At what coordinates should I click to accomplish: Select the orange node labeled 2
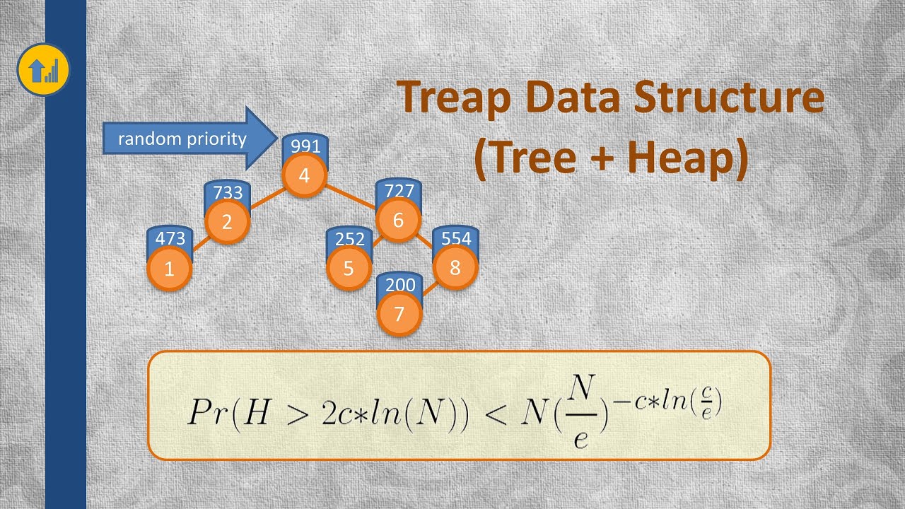[x=226, y=222]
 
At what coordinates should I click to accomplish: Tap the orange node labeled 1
[x=168, y=269]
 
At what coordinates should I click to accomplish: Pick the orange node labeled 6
[x=398, y=220]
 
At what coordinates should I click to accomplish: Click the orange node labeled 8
[x=455, y=269]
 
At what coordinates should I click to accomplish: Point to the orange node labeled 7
[x=399, y=314]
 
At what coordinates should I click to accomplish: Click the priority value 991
[x=305, y=146]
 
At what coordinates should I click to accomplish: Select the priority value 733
[x=227, y=192]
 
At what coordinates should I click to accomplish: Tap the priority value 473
[x=169, y=239]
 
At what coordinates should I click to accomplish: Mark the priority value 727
[x=399, y=191]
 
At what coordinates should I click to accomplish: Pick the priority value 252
[x=349, y=239]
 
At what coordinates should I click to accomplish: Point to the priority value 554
[x=455, y=239]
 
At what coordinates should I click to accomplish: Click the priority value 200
[x=400, y=285]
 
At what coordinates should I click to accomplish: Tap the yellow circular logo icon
[x=43, y=69]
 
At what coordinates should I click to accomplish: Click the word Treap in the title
[x=455, y=99]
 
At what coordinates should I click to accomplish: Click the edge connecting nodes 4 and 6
[x=351, y=197]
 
